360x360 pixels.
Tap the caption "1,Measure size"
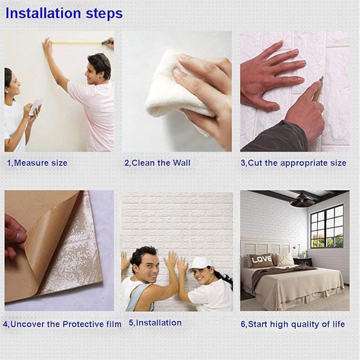[37, 163]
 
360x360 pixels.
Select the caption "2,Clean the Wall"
[157, 163]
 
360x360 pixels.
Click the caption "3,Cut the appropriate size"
[293, 163]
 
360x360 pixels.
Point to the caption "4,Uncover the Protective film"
[63, 323]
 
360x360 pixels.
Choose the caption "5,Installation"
[155, 322]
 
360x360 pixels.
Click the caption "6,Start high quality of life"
[293, 323]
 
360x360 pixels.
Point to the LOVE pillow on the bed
[261, 259]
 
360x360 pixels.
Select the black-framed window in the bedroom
[327, 226]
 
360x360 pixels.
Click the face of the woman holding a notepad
[12, 84]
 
